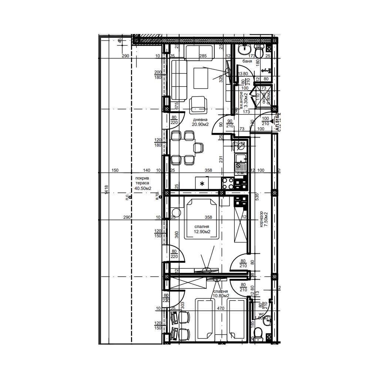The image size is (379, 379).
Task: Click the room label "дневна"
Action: [x=199, y=120]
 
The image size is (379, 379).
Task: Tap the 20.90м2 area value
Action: [x=200, y=125]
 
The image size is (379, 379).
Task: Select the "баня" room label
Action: [x=247, y=61]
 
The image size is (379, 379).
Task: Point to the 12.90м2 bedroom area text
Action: [x=202, y=232]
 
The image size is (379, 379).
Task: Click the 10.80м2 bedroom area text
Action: [x=221, y=296]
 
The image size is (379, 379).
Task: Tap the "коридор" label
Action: [x=261, y=219]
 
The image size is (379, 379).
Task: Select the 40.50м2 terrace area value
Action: [x=143, y=188]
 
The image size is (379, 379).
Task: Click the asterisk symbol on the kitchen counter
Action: [x=202, y=184]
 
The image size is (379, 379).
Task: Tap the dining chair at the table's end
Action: [x=199, y=148]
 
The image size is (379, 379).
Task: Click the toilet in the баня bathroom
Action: [x=259, y=51]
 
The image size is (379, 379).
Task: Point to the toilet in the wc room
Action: [x=260, y=333]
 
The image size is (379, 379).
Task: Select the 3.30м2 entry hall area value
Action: [x=246, y=98]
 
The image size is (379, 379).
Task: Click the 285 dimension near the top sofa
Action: [x=203, y=57]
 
